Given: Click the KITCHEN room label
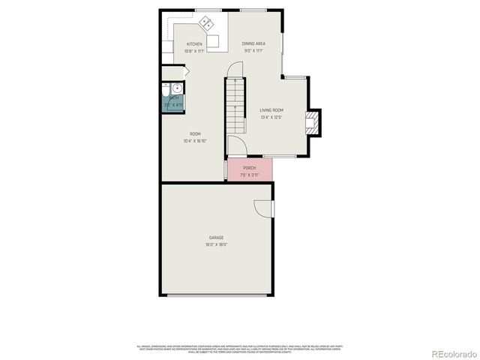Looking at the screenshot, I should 194,44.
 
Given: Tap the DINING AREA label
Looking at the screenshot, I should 253,44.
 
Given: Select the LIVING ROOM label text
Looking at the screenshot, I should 271,110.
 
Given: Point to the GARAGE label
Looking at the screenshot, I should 216,238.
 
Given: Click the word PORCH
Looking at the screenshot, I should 249,168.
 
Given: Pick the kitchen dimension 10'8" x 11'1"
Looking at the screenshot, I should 194,52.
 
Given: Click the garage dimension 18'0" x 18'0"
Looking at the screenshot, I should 216,244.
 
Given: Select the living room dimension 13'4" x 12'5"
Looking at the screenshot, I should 271,117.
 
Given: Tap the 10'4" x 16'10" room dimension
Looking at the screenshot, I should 194,141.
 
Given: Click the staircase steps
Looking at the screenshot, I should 236,105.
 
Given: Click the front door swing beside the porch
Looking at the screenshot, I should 235,145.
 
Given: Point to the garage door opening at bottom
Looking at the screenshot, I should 216,295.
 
